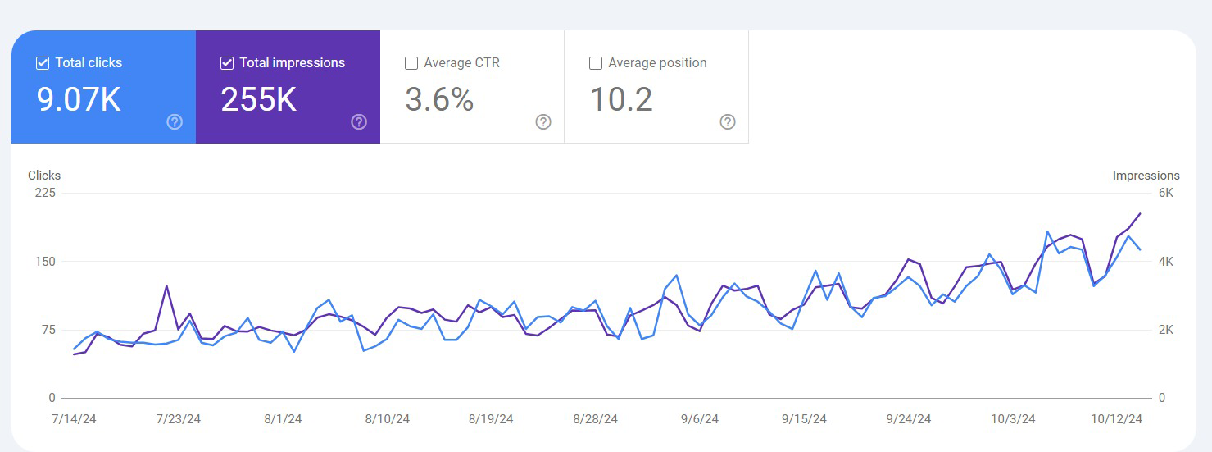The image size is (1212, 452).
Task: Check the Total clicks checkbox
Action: (43, 63)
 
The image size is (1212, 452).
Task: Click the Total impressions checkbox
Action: (227, 63)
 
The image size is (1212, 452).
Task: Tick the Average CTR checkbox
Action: (411, 63)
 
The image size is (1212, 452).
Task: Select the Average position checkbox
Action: (596, 63)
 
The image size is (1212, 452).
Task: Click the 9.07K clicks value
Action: (79, 100)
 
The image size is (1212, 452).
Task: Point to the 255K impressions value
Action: (258, 100)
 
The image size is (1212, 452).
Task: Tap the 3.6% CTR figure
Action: (439, 100)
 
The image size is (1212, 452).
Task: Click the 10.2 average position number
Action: (621, 100)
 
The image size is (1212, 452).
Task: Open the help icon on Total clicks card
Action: (175, 122)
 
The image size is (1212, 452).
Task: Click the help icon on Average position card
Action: (728, 122)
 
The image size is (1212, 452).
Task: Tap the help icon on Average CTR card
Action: (543, 122)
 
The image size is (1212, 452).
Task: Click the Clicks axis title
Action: (44, 176)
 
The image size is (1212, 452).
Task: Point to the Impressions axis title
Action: (1146, 176)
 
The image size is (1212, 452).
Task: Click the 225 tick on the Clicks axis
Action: (45, 193)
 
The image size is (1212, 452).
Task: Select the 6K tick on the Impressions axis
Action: (1165, 193)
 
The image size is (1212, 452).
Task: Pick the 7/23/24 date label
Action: (178, 419)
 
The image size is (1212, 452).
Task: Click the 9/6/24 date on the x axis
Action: (699, 419)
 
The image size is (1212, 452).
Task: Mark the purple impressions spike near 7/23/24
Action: (166, 286)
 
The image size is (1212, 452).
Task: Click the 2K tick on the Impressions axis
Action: (1165, 330)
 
